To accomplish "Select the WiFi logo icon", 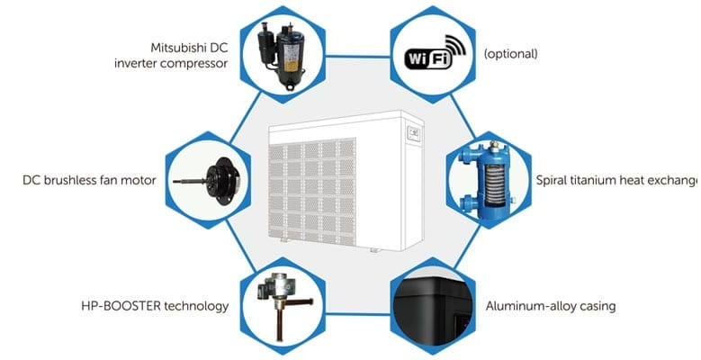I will [430, 53].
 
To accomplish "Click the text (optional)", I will [510, 54].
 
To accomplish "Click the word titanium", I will [599, 180].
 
